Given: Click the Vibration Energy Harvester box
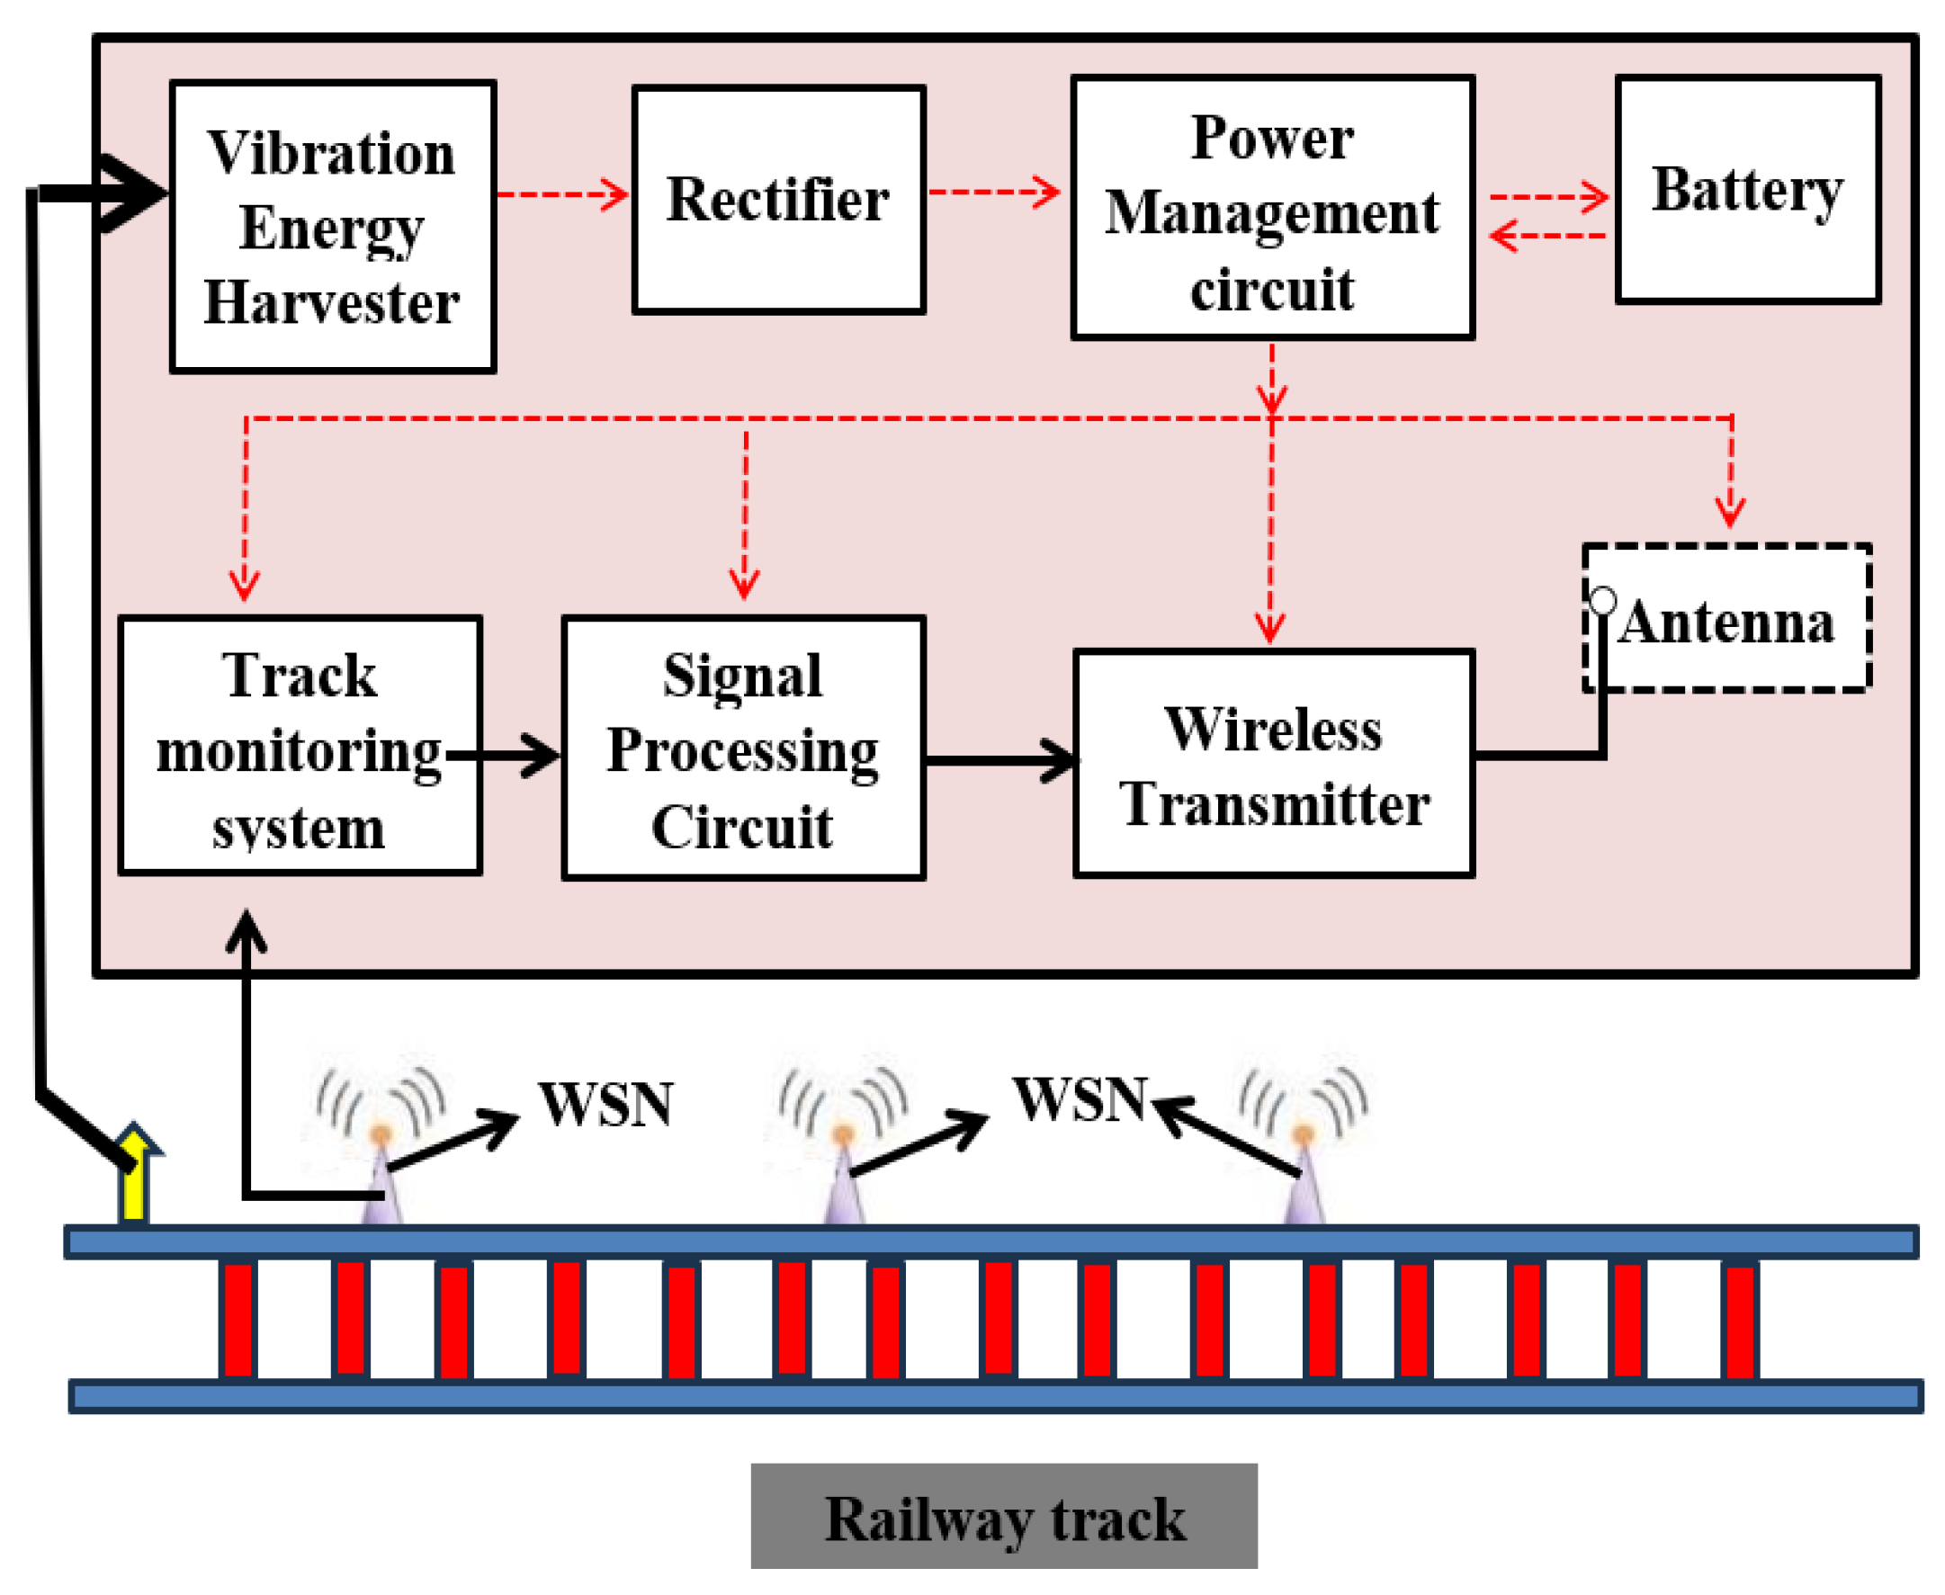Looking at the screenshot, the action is [x=333, y=226].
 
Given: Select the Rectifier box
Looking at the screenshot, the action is [x=778, y=201].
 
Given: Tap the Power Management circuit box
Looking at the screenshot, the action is [x=1272, y=208].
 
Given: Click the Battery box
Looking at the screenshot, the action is [x=1748, y=190].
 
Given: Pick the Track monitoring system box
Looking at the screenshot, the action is [x=300, y=745].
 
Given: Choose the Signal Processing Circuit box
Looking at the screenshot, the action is [x=743, y=748].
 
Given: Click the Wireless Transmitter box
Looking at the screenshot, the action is [x=1274, y=764].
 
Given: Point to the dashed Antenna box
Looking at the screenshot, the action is [x=1727, y=617].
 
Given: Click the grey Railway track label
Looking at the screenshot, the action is [x=1004, y=1517].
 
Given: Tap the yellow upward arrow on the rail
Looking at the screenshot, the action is [x=136, y=1172].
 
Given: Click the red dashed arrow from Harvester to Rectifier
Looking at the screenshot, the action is [x=562, y=195].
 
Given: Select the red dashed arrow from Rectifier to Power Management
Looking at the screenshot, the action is [x=994, y=192].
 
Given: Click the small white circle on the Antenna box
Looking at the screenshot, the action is [x=1603, y=601].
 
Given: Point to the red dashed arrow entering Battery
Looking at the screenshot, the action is [x=1549, y=197].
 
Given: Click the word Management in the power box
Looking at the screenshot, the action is [x=1272, y=214].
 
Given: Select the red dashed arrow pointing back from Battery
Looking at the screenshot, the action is [x=1548, y=236].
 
